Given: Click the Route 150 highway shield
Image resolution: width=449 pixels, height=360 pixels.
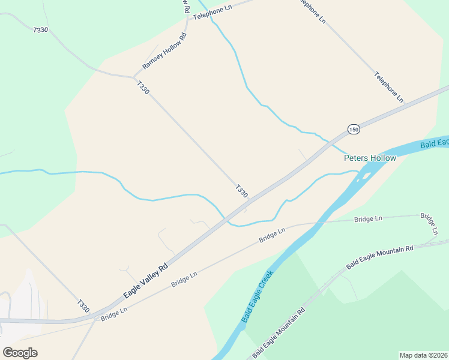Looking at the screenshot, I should (354, 130).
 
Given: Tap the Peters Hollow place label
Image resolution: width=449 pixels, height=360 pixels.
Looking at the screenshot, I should (370, 158).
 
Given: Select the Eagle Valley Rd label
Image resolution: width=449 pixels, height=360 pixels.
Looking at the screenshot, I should (145, 281).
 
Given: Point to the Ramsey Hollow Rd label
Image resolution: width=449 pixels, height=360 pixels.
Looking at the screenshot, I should (164, 51).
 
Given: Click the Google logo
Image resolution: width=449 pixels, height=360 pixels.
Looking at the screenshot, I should (20, 353).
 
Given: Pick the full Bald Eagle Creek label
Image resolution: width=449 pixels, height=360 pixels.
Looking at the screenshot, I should (258, 296).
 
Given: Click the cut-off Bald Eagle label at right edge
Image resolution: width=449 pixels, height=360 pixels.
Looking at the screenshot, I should (434, 142).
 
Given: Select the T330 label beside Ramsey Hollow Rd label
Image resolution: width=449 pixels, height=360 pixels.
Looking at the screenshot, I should (143, 88).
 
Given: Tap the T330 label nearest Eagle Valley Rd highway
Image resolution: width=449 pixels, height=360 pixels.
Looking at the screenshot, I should (241, 191).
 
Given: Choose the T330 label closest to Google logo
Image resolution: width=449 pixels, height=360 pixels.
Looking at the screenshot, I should (83, 305).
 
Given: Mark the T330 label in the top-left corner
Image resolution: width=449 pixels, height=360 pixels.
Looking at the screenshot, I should (41, 29).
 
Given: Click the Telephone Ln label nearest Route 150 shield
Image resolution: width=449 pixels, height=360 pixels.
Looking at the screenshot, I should (389, 86).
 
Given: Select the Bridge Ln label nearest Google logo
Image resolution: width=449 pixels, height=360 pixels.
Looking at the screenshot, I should (114, 313).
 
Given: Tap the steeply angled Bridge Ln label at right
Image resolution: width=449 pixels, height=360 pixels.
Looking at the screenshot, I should (429, 223).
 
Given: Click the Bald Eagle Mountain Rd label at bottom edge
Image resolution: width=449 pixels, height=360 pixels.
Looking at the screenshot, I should (279, 333).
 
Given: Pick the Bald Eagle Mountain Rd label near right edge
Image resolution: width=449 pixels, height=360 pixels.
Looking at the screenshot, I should (380, 256).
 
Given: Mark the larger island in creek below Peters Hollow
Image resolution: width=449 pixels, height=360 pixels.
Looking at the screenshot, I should (364, 176).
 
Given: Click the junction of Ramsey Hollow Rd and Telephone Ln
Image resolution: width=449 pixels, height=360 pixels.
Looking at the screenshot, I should (188, 19).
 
